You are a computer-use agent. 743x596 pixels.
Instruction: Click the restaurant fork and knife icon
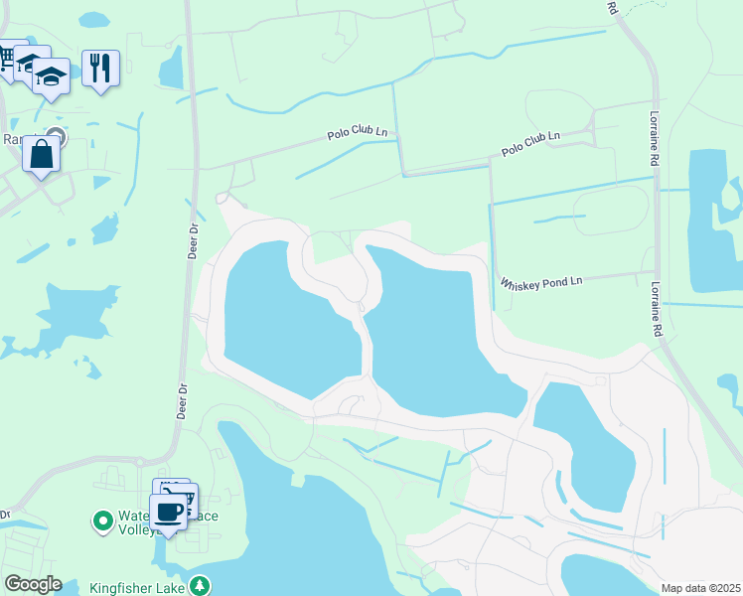click(x=100, y=68)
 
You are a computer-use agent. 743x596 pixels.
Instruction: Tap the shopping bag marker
click(x=41, y=154)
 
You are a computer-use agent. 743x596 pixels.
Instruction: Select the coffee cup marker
click(x=168, y=512)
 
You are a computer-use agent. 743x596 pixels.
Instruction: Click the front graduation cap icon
click(x=51, y=75)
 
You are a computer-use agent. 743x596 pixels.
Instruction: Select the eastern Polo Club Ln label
click(x=531, y=143)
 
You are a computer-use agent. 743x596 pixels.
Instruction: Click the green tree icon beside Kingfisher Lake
click(x=202, y=585)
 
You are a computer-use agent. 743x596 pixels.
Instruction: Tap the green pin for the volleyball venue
click(x=101, y=520)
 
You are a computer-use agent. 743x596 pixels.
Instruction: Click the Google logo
click(x=33, y=584)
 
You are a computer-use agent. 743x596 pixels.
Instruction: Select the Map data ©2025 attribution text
click(x=700, y=588)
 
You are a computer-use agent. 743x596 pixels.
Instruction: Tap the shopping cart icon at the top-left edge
click(x=8, y=59)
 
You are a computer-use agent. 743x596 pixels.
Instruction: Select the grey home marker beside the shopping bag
click(x=56, y=136)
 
